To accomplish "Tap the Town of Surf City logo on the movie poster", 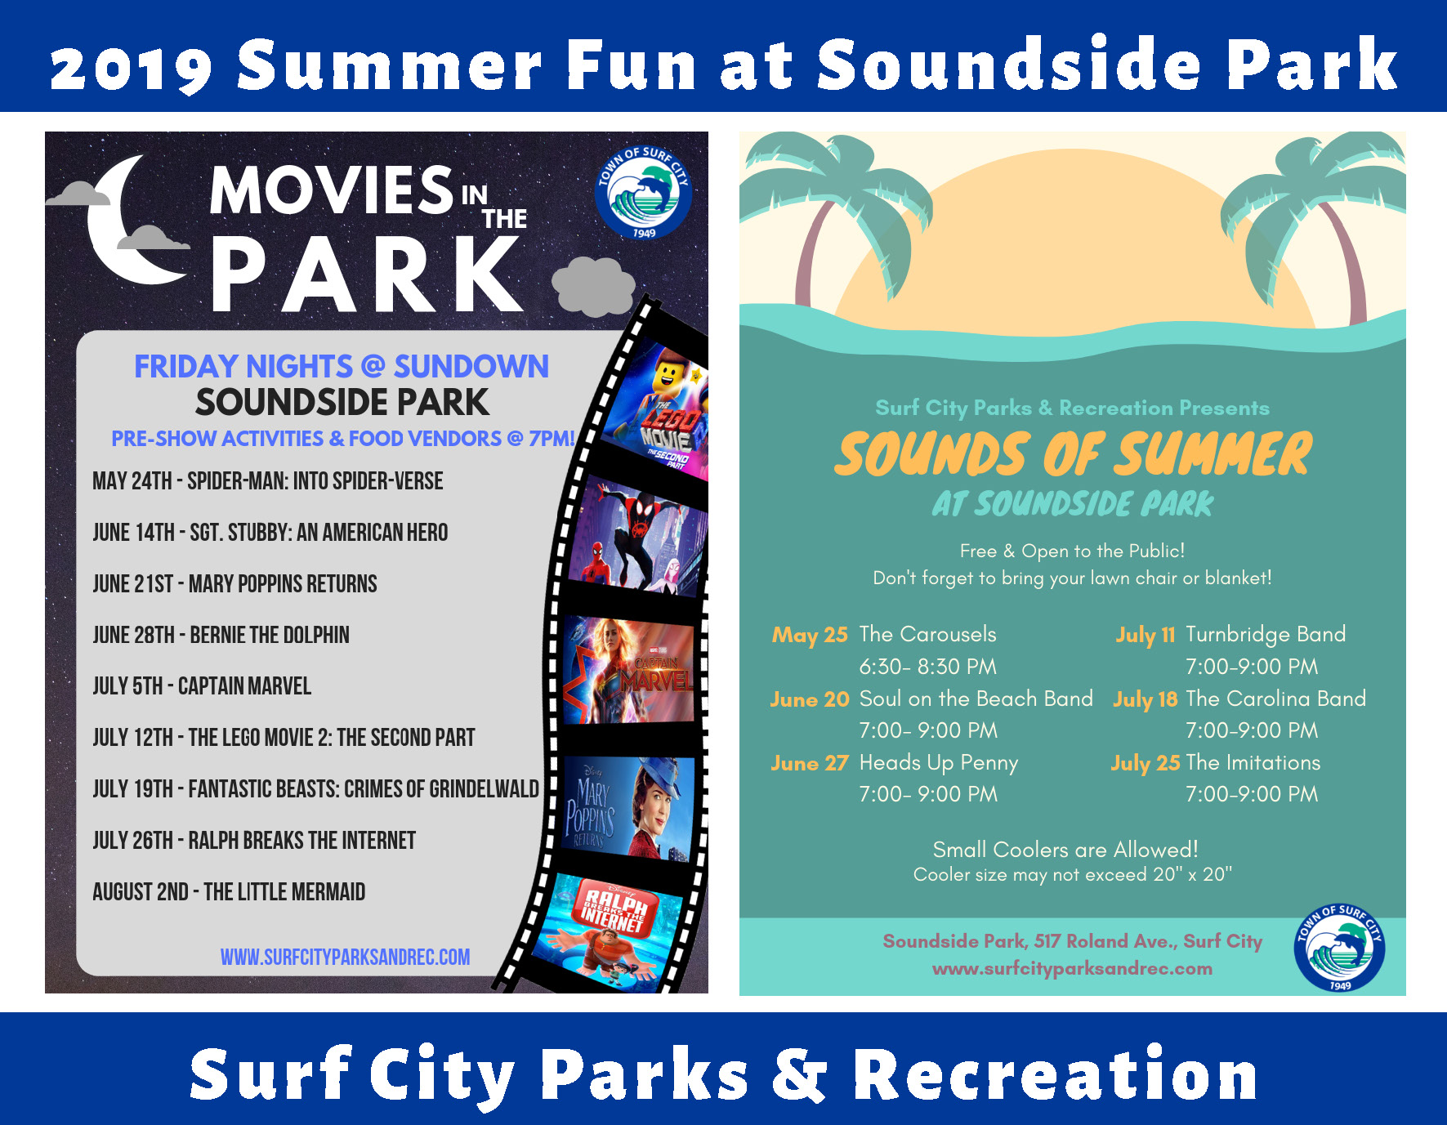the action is point(643,192).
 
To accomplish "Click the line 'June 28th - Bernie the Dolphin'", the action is point(221,635).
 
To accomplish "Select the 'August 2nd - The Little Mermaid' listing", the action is point(229,891).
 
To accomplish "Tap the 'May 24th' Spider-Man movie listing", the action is point(268,480).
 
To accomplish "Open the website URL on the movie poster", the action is point(345,957).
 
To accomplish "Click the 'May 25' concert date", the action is point(810,635).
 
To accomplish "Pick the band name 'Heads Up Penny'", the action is point(939,763).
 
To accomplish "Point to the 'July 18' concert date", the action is point(1145,699).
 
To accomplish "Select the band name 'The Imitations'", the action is point(1253,762).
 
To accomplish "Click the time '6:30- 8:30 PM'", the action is point(928,667).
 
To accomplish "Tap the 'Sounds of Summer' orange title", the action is point(1073,454).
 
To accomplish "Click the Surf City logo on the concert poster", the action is point(1339,949).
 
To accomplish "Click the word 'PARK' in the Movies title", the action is point(366,274).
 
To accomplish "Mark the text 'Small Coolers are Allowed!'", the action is point(1065,850).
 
